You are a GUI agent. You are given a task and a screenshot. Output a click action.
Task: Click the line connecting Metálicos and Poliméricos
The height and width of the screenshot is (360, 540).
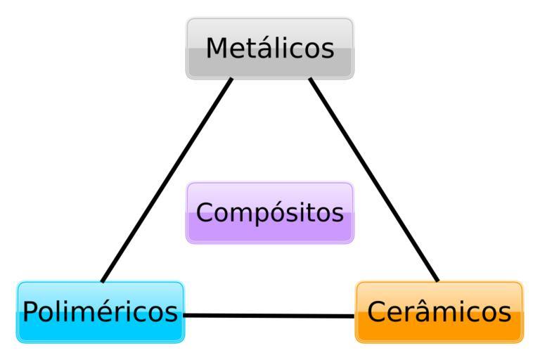point(167,179)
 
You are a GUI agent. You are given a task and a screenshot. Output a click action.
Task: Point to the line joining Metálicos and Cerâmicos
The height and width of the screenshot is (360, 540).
point(373,179)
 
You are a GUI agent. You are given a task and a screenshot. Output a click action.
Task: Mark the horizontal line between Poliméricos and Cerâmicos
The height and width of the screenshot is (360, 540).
point(269,315)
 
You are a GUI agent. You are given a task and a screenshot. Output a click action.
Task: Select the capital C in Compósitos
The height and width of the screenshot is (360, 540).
point(205,212)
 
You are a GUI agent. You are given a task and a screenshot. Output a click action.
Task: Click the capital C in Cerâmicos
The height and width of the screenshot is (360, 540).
point(377,311)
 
